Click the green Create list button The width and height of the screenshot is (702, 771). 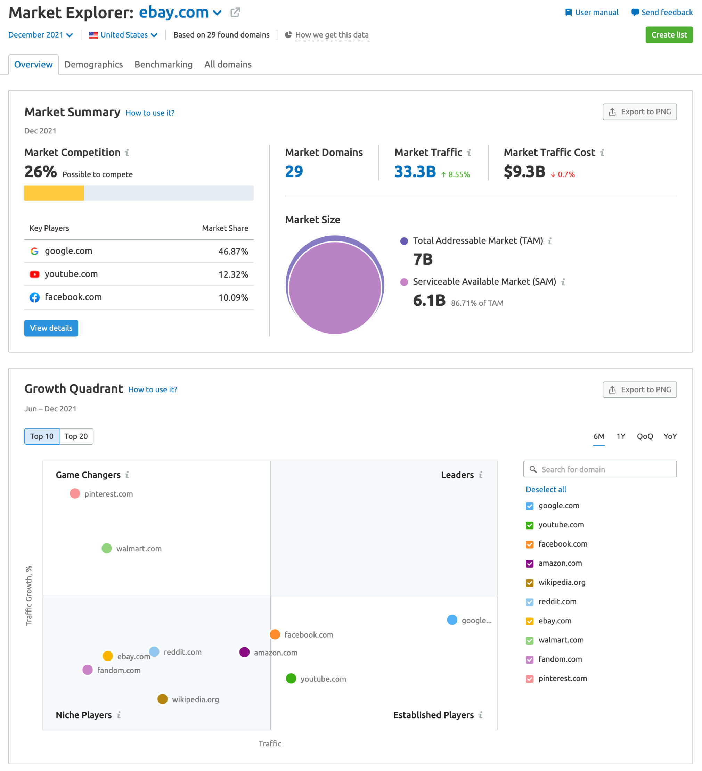click(669, 35)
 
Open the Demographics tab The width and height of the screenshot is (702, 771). click(93, 64)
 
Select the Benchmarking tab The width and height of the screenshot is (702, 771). click(163, 64)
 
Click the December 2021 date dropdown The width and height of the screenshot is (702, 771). click(40, 35)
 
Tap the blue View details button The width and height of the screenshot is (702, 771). click(51, 328)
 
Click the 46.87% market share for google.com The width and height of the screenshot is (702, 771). click(233, 251)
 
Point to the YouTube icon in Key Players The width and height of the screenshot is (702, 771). click(34, 274)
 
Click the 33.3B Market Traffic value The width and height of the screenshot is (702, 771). click(415, 171)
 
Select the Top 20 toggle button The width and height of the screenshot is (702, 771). click(76, 436)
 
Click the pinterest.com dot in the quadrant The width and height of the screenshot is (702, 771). click(75, 493)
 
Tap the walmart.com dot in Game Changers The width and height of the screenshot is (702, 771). click(107, 548)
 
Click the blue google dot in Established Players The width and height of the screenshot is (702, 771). click(452, 620)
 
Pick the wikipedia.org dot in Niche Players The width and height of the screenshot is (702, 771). click(163, 699)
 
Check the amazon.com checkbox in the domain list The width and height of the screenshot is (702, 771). click(530, 563)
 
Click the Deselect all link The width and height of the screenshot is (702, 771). click(546, 489)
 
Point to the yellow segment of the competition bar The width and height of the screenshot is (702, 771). click(54, 193)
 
